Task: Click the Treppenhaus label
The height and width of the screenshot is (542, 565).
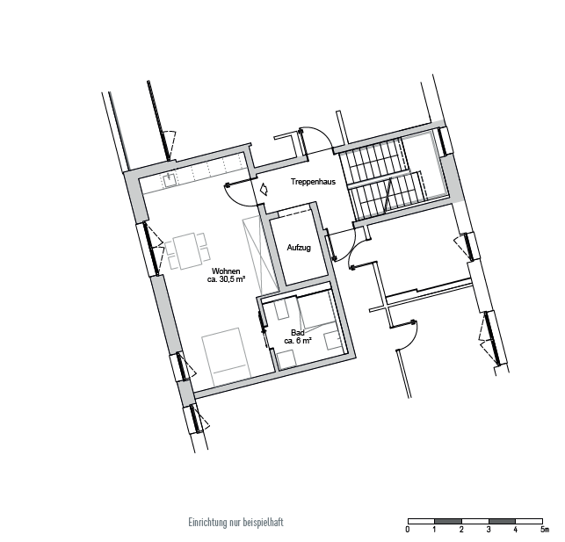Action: pyautogui.click(x=313, y=182)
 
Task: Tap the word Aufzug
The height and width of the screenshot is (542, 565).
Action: pyautogui.click(x=299, y=248)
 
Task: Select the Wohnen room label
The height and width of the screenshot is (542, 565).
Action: pyautogui.click(x=226, y=271)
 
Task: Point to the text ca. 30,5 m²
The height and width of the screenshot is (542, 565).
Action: pyautogui.click(x=227, y=279)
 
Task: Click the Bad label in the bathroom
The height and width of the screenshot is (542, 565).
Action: pyautogui.click(x=298, y=333)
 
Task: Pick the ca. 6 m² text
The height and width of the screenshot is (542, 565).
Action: pyautogui.click(x=298, y=341)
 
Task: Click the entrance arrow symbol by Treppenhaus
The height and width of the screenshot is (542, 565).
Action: pyautogui.click(x=264, y=189)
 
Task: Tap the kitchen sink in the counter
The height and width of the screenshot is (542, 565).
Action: pyautogui.click(x=170, y=179)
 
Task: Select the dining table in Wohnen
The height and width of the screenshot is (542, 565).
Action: pyautogui.click(x=187, y=250)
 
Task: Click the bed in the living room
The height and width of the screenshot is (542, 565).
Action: pyautogui.click(x=227, y=358)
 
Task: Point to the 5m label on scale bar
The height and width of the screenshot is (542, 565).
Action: pyautogui.click(x=545, y=530)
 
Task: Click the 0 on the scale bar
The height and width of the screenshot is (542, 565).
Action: pyautogui.click(x=408, y=530)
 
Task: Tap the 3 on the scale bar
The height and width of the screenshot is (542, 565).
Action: pyautogui.click(x=489, y=530)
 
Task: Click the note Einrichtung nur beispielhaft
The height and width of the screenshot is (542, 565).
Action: pyautogui.click(x=236, y=522)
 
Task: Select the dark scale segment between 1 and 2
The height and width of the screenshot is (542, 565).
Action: pyautogui.click(x=448, y=521)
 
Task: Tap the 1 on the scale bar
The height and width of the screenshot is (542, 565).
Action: pyautogui.click(x=435, y=530)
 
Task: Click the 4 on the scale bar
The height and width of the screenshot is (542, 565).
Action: pyautogui.click(x=516, y=530)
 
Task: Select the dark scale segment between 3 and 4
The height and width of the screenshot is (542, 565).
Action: pyautogui.click(x=502, y=521)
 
